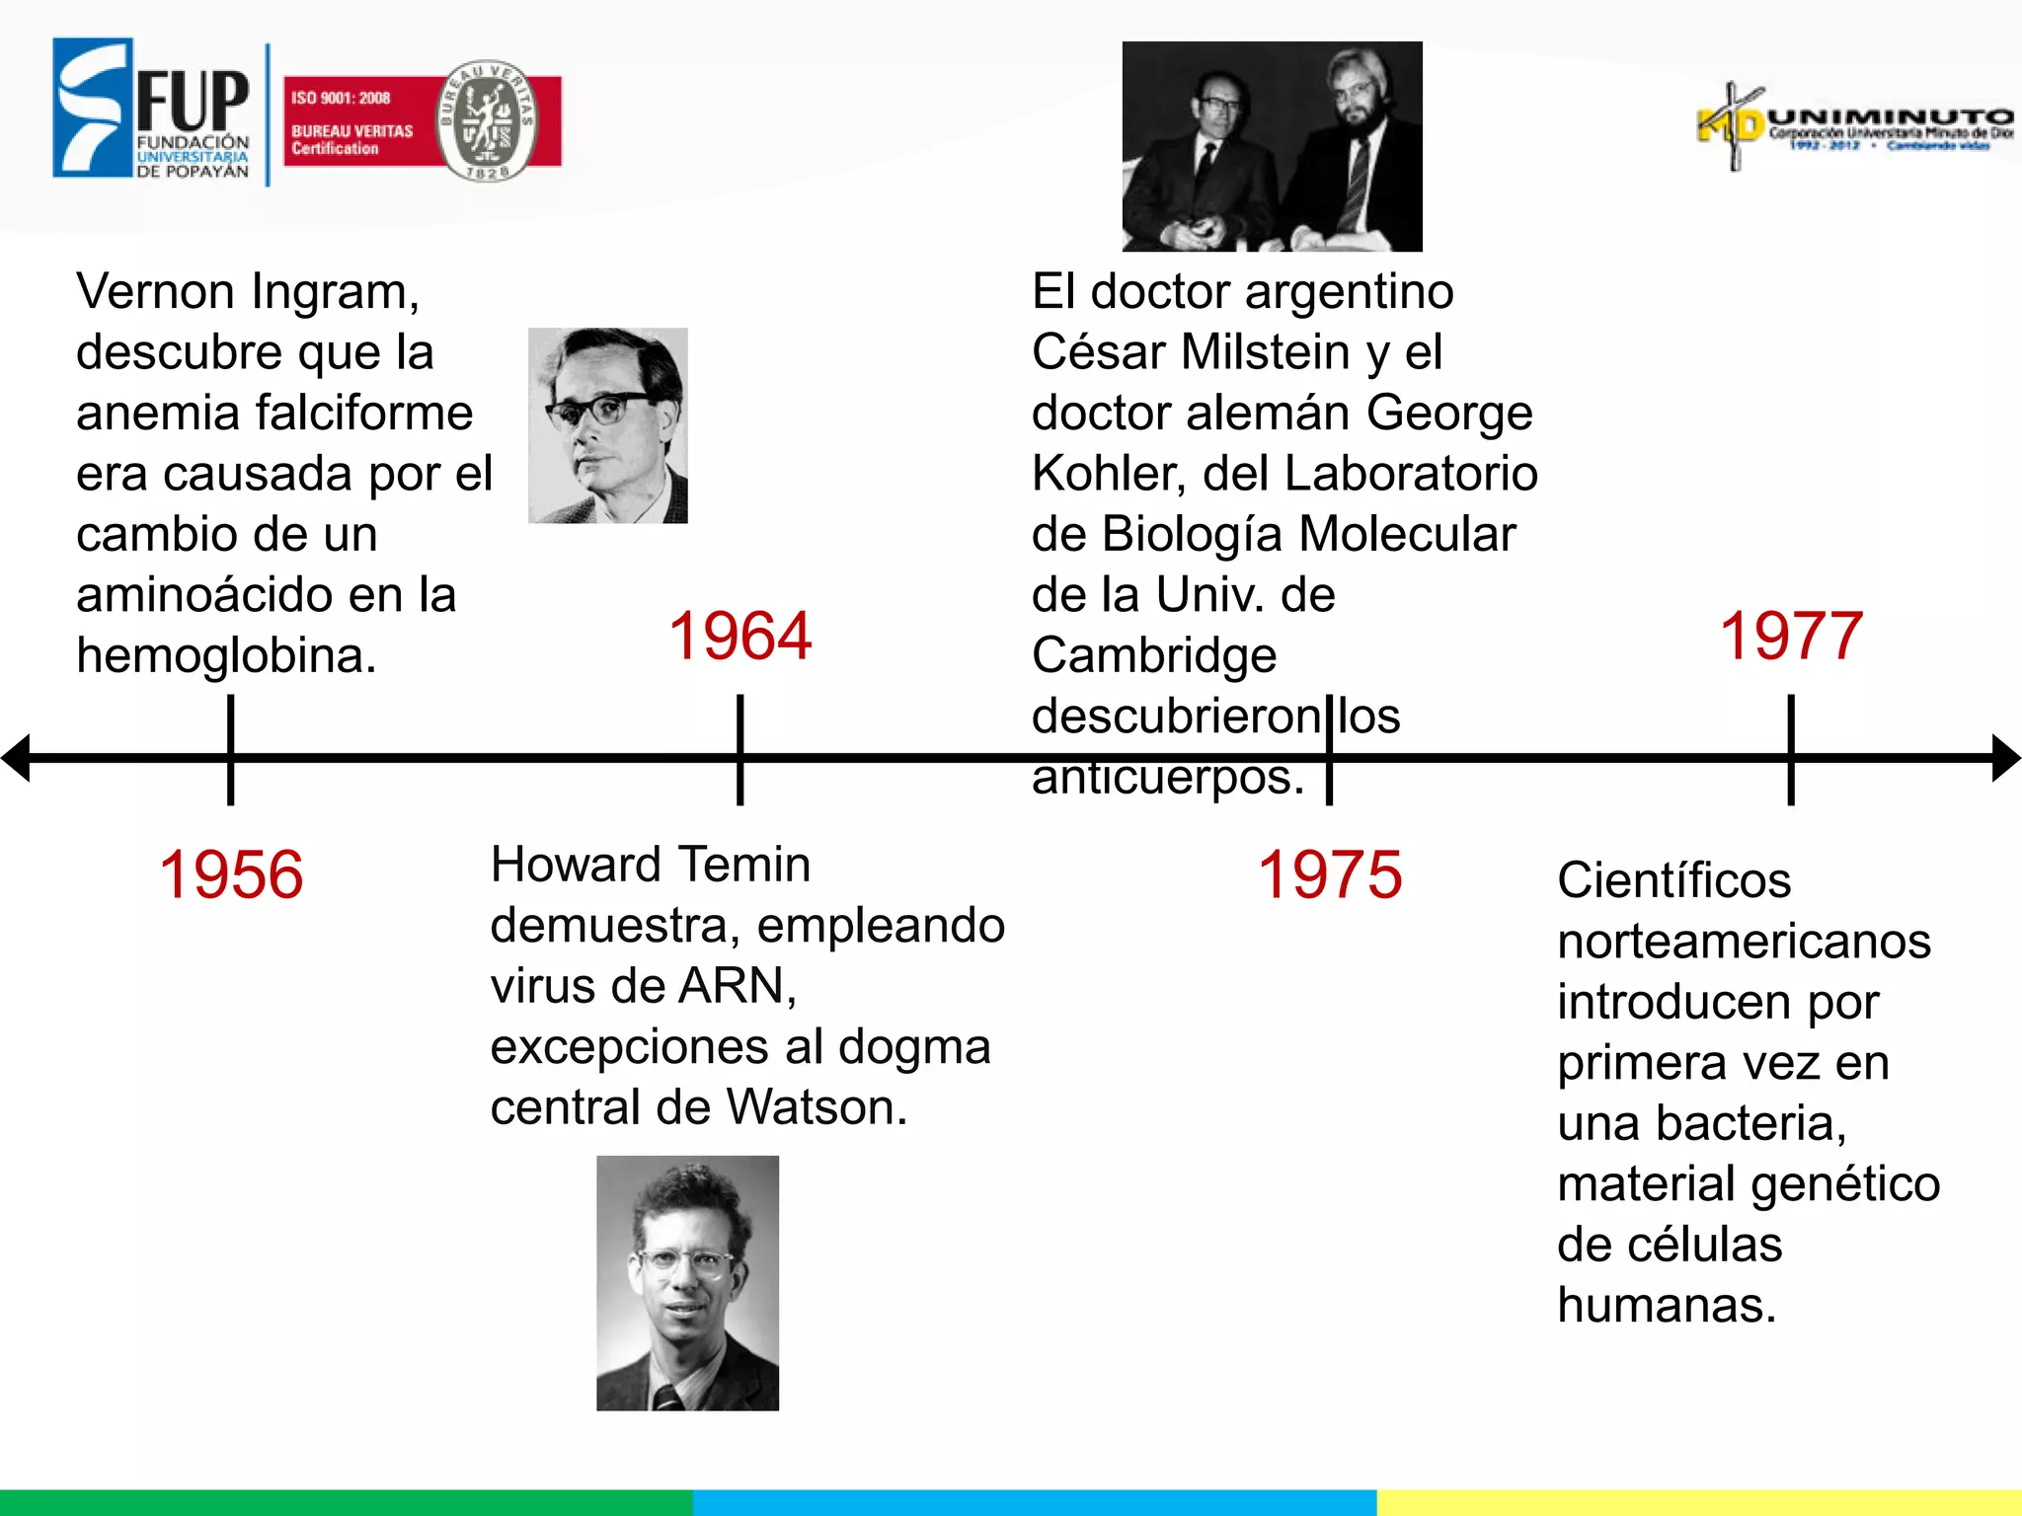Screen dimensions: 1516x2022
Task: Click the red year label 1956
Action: [x=231, y=874]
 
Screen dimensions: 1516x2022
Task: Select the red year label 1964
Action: [x=740, y=636]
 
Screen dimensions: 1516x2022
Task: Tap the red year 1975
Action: [x=1329, y=874]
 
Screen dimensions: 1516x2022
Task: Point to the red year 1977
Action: [x=1791, y=636]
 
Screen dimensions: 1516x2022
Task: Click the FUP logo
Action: [x=152, y=110]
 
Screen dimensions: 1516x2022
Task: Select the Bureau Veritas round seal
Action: [x=487, y=120]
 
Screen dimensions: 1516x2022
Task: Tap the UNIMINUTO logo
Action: [x=1854, y=127]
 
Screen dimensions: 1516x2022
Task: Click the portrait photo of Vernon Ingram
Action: [x=608, y=425]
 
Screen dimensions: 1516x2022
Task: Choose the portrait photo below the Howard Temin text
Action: [x=687, y=1282]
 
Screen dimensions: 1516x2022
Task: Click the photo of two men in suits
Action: [x=1272, y=146]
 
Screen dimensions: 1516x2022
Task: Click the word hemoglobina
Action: [x=226, y=655]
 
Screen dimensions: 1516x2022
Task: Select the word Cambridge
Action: [x=1154, y=655]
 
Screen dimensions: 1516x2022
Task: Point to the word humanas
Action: [x=1667, y=1305]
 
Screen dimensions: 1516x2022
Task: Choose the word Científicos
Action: [x=1673, y=880]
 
